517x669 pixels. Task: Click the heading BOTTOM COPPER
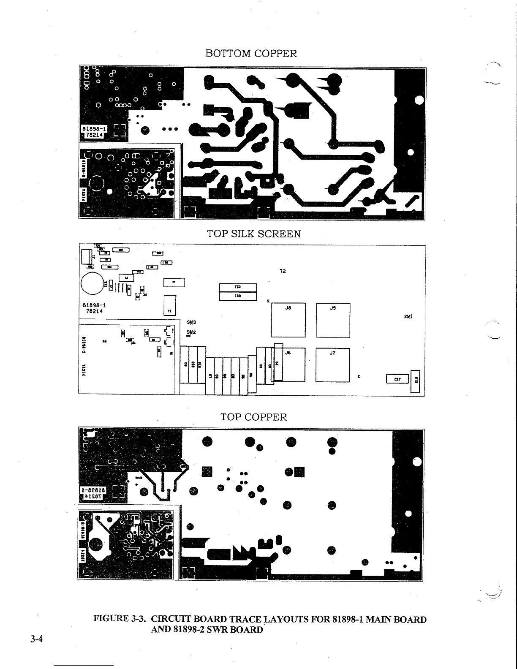251,54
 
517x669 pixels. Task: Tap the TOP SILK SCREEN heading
253,234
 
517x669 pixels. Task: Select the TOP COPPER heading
253,417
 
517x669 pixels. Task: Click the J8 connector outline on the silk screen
288,320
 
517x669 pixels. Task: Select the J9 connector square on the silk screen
333,320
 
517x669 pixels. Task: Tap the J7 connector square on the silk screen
333,365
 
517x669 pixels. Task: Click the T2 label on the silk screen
283,271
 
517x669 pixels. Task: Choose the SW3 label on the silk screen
190,322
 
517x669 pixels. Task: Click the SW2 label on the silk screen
190,332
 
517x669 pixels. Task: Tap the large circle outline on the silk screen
93,283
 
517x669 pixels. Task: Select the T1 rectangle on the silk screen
169,305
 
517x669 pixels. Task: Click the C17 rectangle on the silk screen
397,379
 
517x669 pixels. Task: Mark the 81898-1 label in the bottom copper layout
95,128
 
